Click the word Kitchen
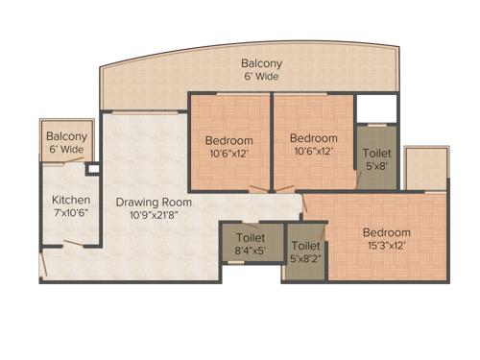click(x=70, y=200)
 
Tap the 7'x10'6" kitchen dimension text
click(x=70, y=213)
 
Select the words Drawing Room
click(x=154, y=203)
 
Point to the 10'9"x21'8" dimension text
click(x=154, y=215)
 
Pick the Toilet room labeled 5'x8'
click(x=375, y=156)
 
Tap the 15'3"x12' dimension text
click(x=386, y=246)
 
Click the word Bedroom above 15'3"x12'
click(x=386, y=232)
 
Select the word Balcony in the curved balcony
click(x=259, y=64)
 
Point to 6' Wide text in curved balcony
click(x=259, y=78)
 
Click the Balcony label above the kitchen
click(x=66, y=137)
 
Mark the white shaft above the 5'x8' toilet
click(x=376, y=108)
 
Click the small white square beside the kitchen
click(x=92, y=169)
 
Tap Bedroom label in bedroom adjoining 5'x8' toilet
click(x=314, y=137)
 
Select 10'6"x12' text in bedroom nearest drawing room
click(x=228, y=154)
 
